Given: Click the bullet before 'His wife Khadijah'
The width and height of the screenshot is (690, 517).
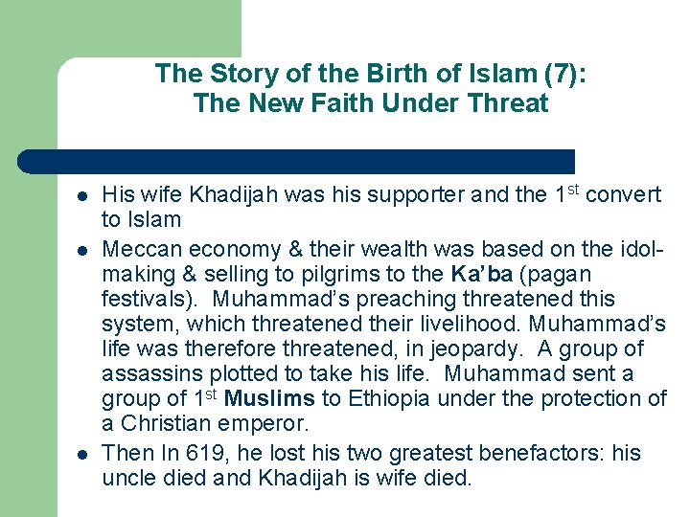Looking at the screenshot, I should click(x=83, y=196).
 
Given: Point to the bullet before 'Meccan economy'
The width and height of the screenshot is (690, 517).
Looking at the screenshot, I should click(x=83, y=250).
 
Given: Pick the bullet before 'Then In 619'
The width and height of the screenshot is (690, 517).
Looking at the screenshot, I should click(x=83, y=453).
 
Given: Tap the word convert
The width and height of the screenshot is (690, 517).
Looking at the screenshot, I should click(x=623, y=195).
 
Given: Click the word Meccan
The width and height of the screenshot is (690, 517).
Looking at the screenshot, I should click(x=138, y=249).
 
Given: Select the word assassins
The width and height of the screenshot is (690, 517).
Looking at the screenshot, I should click(x=145, y=373).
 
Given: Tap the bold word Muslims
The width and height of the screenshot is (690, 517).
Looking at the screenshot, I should click(x=268, y=398).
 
